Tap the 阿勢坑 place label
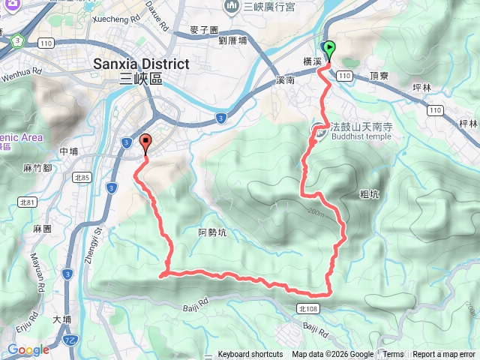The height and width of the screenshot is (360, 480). tap(212, 232)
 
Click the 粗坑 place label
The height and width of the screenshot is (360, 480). tap(370, 193)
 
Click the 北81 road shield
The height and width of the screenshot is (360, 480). tap(28, 202)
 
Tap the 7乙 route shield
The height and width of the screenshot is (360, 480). tap(70, 340)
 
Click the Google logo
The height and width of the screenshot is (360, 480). tap(28, 349)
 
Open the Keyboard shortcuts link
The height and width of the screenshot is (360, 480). tap(250, 355)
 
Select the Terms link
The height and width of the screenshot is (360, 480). tap(393, 355)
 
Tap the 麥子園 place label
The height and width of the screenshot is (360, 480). tap(204, 30)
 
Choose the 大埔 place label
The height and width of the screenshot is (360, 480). tap(62, 319)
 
